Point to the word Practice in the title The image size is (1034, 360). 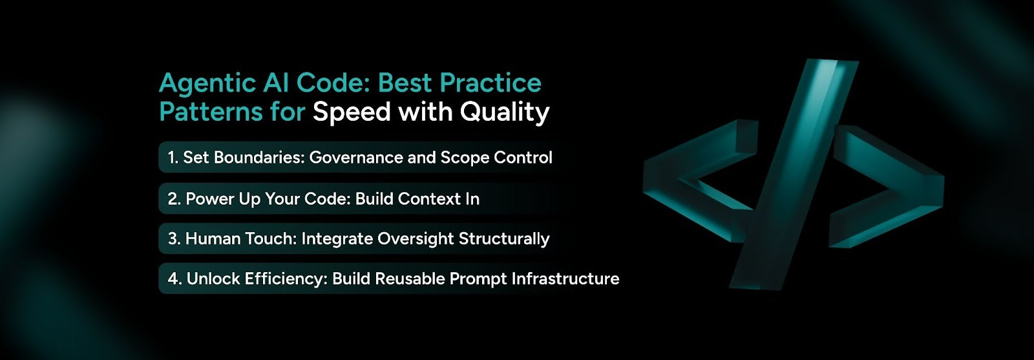tap(491, 83)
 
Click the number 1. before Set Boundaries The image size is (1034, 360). tap(173, 158)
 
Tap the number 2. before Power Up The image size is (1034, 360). tap(174, 199)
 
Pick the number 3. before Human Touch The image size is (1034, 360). tap(174, 239)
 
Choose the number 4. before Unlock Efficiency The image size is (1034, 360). tap(174, 279)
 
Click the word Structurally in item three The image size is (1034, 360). tap(504, 239)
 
